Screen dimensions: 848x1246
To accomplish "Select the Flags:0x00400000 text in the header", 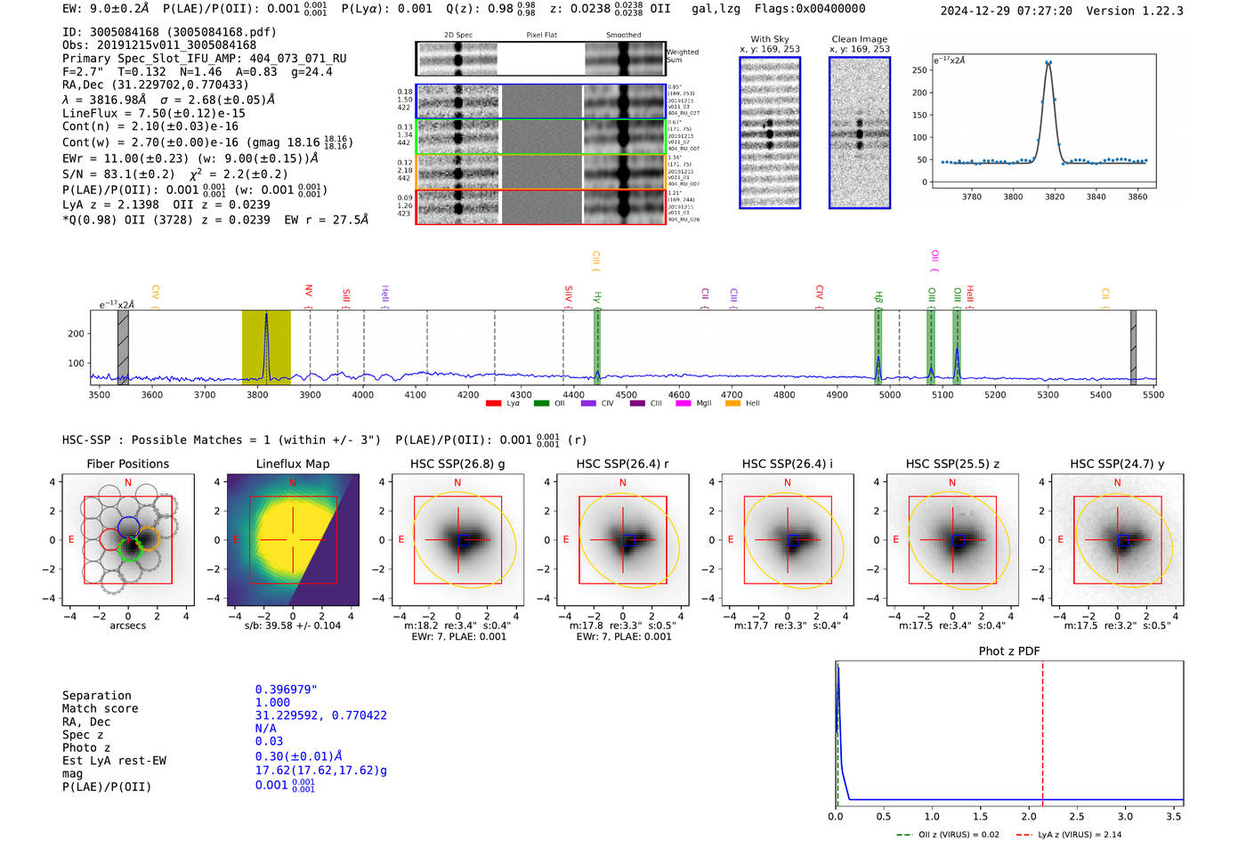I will (x=810, y=8).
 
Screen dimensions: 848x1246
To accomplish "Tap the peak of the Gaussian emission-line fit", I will (x=1048, y=62).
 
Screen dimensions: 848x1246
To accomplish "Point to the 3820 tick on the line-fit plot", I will (x=1055, y=197).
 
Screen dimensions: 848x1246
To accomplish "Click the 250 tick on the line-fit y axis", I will (x=919, y=70).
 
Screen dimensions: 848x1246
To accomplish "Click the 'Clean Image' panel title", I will (x=859, y=39).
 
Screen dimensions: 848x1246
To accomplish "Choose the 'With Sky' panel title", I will (x=769, y=39).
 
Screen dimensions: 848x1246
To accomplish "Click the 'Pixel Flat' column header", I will (x=541, y=36).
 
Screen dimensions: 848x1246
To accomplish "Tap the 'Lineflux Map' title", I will (x=292, y=464).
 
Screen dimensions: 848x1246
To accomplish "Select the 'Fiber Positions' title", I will (x=127, y=464).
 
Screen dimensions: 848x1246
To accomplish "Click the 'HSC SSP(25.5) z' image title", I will (x=952, y=464).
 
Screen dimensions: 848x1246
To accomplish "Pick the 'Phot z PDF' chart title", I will (x=1008, y=650).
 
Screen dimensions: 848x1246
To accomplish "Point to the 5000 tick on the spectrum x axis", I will (x=889, y=394).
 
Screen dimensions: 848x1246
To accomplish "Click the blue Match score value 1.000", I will (x=272, y=702).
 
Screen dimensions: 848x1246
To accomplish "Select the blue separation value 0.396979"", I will (x=286, y=690).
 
